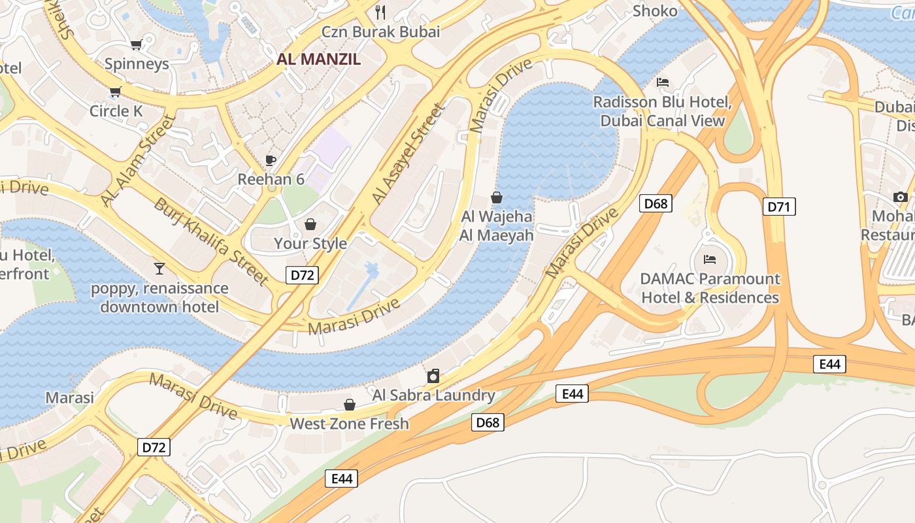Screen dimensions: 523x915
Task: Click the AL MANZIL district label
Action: pos(318,59)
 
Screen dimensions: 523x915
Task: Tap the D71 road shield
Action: pos(778,207)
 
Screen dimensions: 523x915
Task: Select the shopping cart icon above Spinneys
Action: pos(136,44)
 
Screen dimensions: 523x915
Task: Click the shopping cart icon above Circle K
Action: pos(116,92)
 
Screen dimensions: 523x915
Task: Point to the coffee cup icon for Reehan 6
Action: pos(271,160)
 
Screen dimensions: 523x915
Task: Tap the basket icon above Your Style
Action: pos(310,224)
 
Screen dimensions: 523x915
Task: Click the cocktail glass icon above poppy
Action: pos(159,268)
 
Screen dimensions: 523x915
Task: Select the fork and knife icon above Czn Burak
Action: pos(380,12)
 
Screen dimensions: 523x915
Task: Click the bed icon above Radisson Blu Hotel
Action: pos(662,82)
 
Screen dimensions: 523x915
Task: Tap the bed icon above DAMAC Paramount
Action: pos(710,260)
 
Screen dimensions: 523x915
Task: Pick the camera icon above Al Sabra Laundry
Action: pos(433,376)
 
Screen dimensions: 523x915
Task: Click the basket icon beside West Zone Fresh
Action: pos(350,405)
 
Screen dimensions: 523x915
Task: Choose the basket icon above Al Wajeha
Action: pos(497,197)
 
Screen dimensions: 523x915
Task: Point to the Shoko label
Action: pos(655,11)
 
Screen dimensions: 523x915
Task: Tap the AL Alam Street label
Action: pos(139,161)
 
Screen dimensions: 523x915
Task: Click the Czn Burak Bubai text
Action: pos(380,31)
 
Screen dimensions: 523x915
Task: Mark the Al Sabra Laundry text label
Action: pos(433,395)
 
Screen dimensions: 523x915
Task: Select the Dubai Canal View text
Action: pos(662,121)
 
